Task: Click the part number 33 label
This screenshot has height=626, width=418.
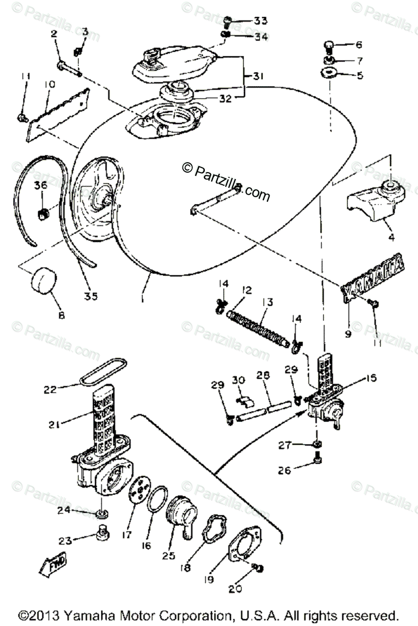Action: point(261,21)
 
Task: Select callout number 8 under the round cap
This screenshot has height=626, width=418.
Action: point(62,316)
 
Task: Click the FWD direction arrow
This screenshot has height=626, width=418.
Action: point(53,565)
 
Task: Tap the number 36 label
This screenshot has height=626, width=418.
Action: point(41,185)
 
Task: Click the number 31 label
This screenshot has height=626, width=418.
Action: point(259,76)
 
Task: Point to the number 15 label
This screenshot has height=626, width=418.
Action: point(371,377)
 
